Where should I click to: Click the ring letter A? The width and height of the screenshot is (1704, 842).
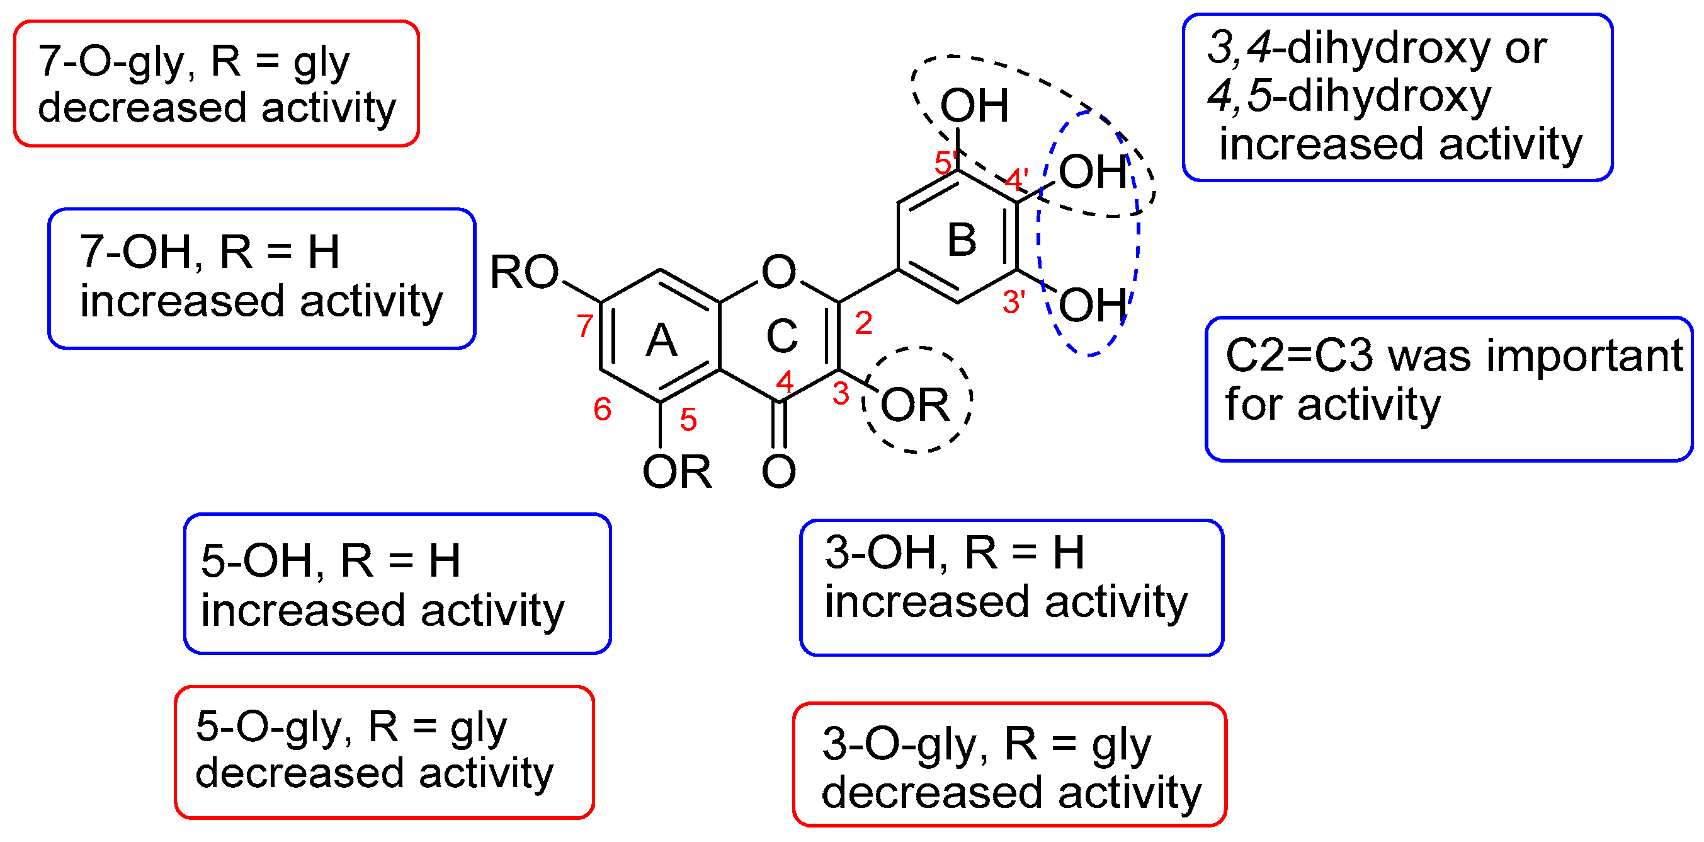(661, 342)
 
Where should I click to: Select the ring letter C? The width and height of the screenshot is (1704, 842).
(782, 336)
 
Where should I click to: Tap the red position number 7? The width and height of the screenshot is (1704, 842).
(585, 326)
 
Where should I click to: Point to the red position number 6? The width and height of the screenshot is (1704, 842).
(602, 409)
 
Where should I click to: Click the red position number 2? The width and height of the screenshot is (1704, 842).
(863, 323)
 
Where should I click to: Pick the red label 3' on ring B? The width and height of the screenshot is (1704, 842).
(1013, 303)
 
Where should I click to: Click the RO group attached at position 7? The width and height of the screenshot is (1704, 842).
(524, 272)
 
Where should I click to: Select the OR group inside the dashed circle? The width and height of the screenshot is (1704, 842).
(915, 405)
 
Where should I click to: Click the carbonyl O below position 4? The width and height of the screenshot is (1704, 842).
(778, 471)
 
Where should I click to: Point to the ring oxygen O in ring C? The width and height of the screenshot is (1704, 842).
(778, 272)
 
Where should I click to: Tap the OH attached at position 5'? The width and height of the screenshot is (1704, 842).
(974, 105)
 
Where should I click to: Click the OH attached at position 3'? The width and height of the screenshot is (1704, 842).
(1092, 305)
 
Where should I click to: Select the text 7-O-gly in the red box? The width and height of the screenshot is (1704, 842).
(111, 61)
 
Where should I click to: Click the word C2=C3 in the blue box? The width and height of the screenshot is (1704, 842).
(1299, 356)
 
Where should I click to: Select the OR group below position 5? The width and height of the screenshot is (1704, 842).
(677, 473)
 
